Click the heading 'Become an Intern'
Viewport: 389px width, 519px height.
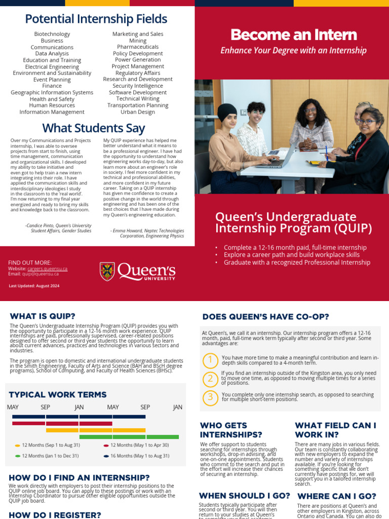pos(293,34)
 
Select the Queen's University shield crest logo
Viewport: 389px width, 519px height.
pos(107,271)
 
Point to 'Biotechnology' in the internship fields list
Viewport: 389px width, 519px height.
pos(52,34)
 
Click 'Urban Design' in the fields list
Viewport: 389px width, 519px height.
pos(138,112)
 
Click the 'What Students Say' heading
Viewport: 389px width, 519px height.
pos(93,128)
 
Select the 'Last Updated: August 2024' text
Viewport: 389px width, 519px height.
pos(34,286)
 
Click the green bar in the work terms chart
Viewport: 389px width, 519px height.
pos(129,436)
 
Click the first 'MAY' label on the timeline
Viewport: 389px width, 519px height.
pos(13,407)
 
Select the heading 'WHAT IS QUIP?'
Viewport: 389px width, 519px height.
pos(43,316)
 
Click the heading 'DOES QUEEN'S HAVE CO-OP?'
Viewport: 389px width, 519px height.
pos(265,317)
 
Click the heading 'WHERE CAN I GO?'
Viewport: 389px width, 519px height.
pos(336,496)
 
